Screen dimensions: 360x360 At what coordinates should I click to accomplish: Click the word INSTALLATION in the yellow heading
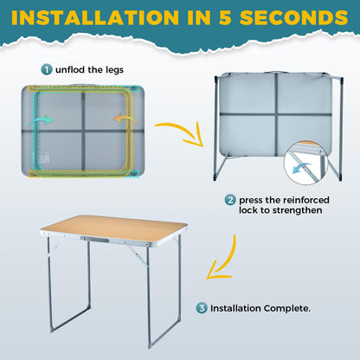point(95,17)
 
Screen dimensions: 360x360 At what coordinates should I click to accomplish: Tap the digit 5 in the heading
point(225,17)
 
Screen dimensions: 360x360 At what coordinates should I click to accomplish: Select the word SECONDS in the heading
point(294,17)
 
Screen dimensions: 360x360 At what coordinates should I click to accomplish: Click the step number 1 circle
point(47,69)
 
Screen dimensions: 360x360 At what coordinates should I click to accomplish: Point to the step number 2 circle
point(230,200)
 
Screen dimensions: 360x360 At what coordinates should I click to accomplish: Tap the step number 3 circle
point(202,308)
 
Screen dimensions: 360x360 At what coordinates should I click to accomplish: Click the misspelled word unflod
point(70,70)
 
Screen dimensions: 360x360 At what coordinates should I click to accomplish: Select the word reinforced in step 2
point(305,200)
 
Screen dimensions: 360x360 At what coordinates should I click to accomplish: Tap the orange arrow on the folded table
point(125,119)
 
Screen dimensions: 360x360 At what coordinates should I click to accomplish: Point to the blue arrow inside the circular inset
point(301,168)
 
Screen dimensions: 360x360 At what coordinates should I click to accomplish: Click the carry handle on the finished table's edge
point(94,239)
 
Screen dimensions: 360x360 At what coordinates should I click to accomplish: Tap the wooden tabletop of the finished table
point(114,228)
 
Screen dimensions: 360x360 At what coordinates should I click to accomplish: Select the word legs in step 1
point(114,70)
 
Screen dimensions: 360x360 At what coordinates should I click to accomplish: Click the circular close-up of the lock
point(305,163)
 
